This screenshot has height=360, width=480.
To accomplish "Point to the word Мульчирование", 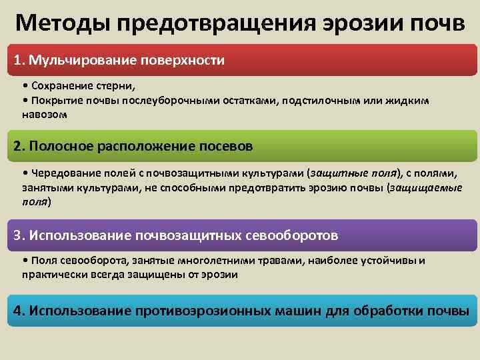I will (x=78, y=61).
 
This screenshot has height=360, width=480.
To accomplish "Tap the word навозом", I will (x=44, y=114).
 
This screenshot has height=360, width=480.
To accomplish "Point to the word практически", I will (x=51, y=274).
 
